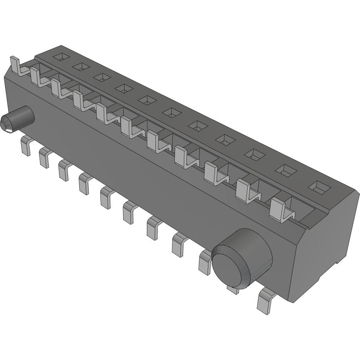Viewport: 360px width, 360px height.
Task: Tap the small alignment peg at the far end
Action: [17, 118]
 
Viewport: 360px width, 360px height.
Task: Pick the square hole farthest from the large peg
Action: [60, 56]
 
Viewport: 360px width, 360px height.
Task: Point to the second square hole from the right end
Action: [285, 171]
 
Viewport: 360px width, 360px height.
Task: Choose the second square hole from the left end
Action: [80, 66]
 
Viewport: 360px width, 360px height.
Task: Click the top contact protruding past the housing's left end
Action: [16, 66]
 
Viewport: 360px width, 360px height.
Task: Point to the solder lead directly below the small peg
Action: [25, 146]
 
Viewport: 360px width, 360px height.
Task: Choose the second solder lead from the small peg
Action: [44, 157]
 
